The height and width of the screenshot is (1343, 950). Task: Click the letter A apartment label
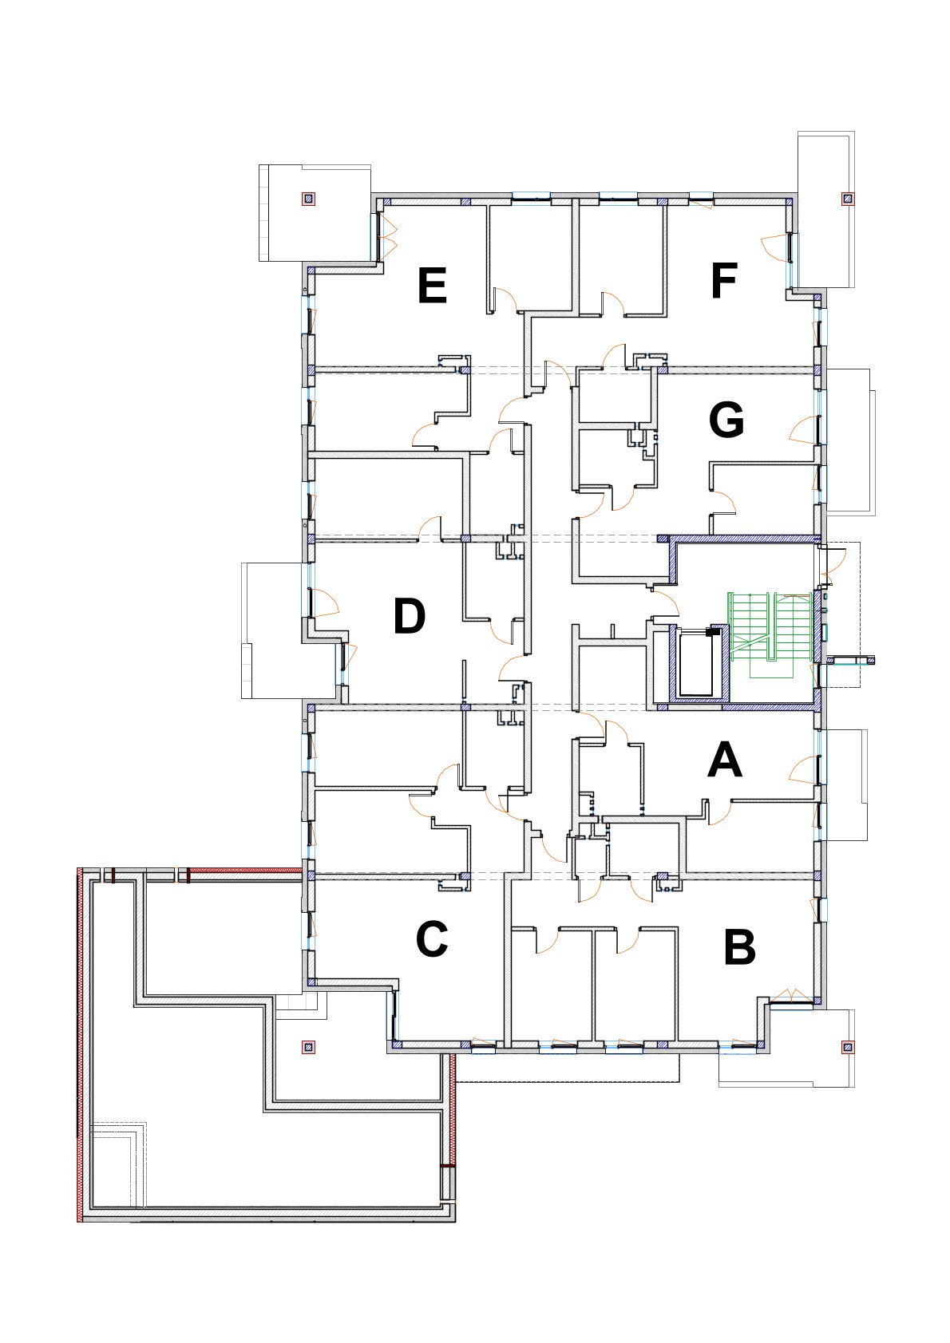[x=725, y=760]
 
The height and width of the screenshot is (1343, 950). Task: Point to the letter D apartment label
[x=410, y=616]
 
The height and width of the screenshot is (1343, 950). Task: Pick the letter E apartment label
[x=433, y=286]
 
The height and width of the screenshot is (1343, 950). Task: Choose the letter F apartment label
[x=724, y=281]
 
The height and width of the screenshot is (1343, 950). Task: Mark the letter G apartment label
[x=726, y=419]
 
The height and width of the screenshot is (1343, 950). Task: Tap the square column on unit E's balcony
[x=308, y=199]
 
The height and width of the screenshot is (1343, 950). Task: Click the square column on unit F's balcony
[x=847, y=198]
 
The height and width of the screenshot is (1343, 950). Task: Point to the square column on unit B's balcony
[x=847, y=1048]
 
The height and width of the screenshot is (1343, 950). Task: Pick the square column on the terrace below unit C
[x=308, y=1047]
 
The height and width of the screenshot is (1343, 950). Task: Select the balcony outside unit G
[x=848, y=440]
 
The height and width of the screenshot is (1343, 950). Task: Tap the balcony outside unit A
[x=845, y=785]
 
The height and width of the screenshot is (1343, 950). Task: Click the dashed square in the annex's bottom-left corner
[x=118, y=1164]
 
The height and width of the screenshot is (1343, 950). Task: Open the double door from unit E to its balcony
[x=389, y=235]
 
